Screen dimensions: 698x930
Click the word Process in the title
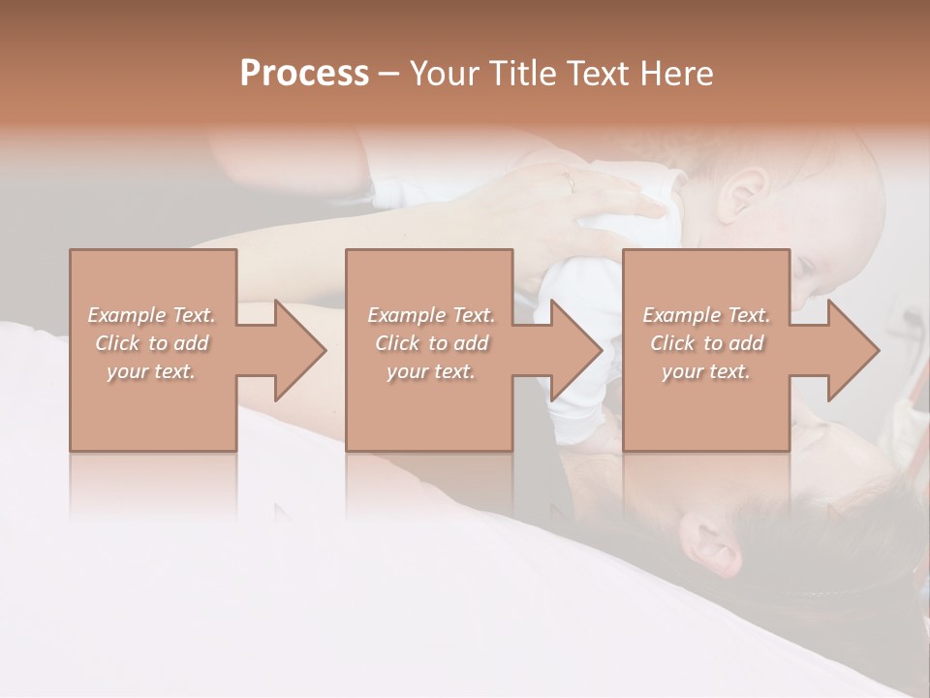(x=304, y=74)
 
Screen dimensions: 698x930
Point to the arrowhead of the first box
(x=300, y=350)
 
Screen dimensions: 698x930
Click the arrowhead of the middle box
(x=577, y=350)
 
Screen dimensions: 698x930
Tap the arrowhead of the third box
(x=853, y=350)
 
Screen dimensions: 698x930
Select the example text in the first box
(x=151, y=343)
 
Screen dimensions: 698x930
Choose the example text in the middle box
(x=430, y=343)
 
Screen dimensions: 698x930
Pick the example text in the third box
(x=705, y=343)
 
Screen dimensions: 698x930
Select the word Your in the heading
(x=444, y=74)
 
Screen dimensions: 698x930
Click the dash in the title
(x=387, y=74)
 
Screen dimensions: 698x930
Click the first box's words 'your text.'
(x=151, y=371)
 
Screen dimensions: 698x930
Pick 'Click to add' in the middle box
(x=430, y=343)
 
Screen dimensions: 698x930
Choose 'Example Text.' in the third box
(x=705, y=315)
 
